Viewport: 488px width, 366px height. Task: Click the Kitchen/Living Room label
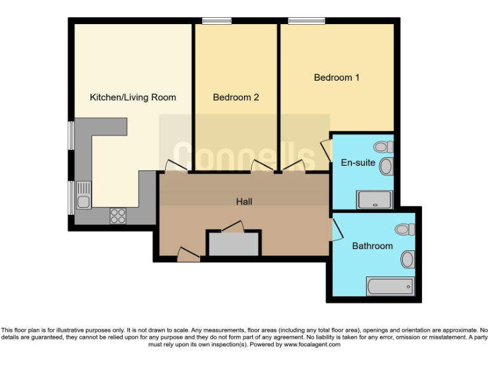pos(133,97)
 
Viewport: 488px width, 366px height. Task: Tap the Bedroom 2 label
pos(236,97)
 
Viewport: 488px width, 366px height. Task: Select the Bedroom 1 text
pos(337,78)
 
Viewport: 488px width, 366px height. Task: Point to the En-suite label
pos(358,163)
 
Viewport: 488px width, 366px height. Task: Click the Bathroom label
pos(372,246)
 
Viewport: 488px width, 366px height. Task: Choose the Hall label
pos(244,201)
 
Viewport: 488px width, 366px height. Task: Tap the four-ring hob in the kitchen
pos(118,216)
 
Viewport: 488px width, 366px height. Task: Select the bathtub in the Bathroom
pos(390,287)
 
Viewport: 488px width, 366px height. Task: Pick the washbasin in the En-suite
pos(386,167)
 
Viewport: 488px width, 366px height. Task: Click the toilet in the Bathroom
pos(403,229)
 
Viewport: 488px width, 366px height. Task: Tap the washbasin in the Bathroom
pos(407,259)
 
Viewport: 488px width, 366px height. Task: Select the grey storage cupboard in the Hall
pos(234,244)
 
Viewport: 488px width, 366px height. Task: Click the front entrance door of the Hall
pos(187,255)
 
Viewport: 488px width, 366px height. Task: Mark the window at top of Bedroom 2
pos(217,21)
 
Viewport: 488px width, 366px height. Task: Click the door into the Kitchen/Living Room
pos(173,166)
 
